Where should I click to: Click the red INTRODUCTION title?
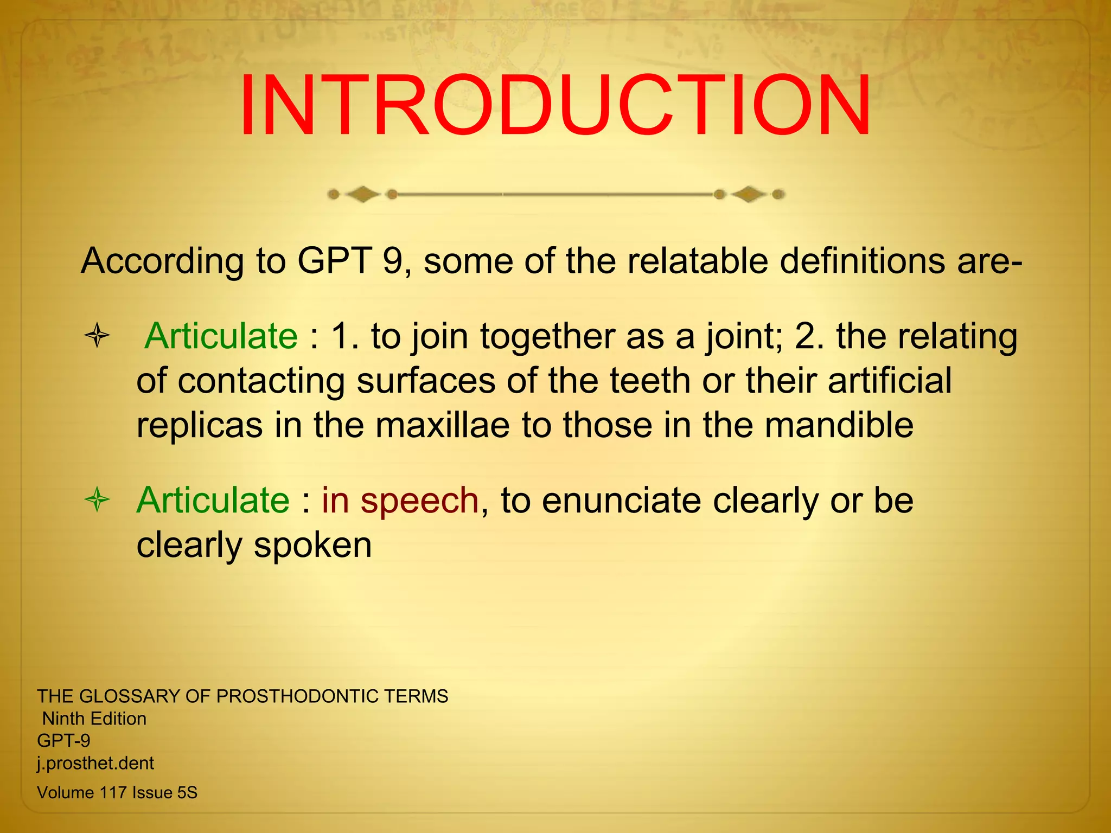point(554,106)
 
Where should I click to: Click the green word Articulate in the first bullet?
point(221,336)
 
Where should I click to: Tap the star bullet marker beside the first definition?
point(98,335)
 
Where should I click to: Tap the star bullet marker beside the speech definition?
point(98,499)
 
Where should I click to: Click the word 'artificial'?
point(890,380)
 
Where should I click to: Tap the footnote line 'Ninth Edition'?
point(94,719)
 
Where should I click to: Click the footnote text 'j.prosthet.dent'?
point(95,763)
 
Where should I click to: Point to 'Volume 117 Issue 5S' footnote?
point(117,792)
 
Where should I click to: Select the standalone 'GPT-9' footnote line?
point(63,740)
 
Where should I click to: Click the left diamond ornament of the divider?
point(362,194)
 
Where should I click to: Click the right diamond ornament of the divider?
point(749,194)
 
